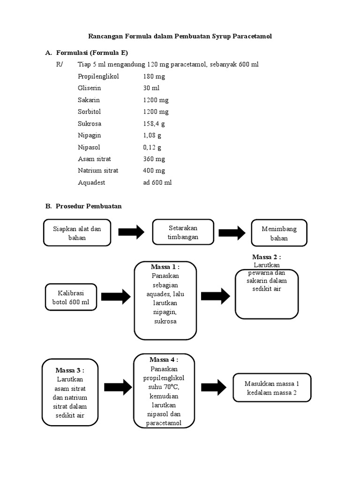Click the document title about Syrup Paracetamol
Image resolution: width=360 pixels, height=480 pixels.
180,36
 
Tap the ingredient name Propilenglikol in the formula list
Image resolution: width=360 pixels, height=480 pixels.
99,76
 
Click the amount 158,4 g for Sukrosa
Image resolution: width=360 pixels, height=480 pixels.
154,124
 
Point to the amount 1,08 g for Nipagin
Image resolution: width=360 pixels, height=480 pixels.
152,135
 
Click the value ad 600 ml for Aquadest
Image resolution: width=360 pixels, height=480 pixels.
157,182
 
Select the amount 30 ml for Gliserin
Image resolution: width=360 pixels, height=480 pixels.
151,88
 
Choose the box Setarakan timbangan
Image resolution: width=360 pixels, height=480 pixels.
183,232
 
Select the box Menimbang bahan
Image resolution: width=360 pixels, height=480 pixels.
279,233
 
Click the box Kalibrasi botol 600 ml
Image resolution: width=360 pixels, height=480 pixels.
70,297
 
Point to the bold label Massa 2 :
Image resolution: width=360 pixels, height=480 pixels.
266,257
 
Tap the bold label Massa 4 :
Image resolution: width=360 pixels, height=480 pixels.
164,360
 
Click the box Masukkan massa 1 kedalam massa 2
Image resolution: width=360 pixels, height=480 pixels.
272,388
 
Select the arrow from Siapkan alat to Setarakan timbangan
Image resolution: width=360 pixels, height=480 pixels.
131,232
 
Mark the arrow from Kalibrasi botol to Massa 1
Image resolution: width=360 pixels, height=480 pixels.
115,296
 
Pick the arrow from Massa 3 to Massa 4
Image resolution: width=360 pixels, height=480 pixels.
115,387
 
